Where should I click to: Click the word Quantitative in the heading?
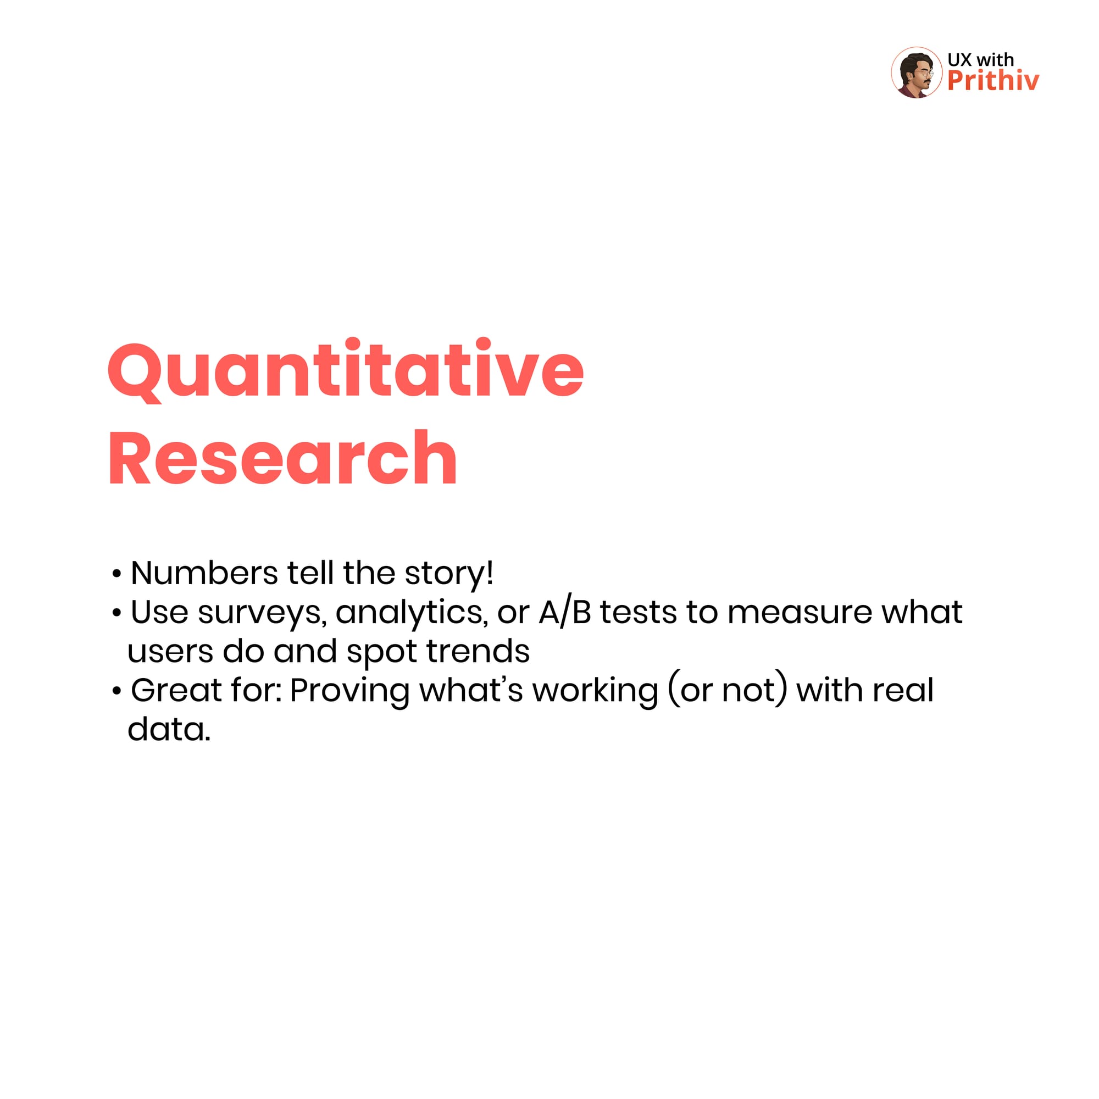346,370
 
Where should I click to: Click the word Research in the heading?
282,458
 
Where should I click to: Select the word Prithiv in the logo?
993,81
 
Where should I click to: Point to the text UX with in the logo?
981,60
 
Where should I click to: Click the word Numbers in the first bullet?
204,573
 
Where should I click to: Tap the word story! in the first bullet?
449,574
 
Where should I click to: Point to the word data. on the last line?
169,729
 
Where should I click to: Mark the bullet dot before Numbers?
116,575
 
